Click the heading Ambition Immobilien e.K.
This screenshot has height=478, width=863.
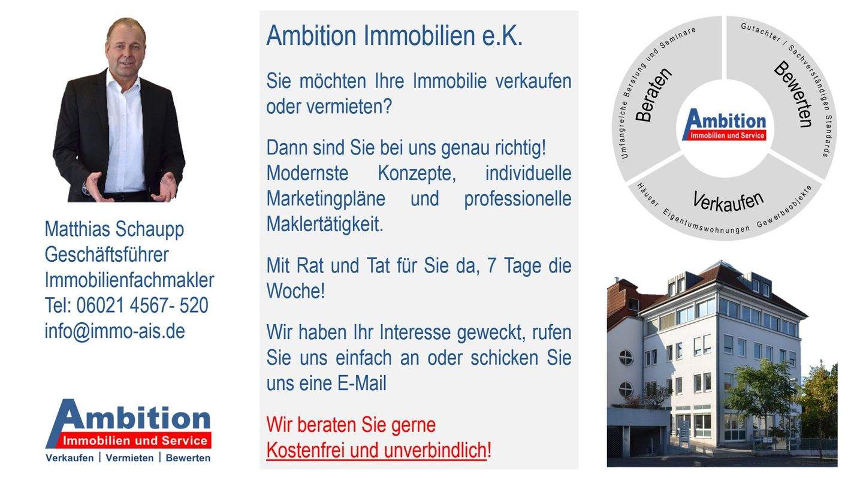point(394,36)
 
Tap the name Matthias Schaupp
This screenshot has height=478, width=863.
point(114,229)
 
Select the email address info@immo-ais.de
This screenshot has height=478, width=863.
point(114,331)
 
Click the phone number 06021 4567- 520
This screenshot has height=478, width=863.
point(141,305)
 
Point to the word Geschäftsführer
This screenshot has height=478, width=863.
point(106,255)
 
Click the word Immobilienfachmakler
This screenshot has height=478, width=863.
point(129,280)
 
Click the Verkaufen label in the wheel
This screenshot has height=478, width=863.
point(728,201)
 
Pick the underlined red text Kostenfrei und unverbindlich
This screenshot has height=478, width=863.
point(376,450)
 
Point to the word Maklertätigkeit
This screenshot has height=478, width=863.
point(324,225)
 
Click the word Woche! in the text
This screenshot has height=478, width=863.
point(295,291)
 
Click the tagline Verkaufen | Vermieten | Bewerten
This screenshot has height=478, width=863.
point(128,458)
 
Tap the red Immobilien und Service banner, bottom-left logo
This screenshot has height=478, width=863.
point(135,441)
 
